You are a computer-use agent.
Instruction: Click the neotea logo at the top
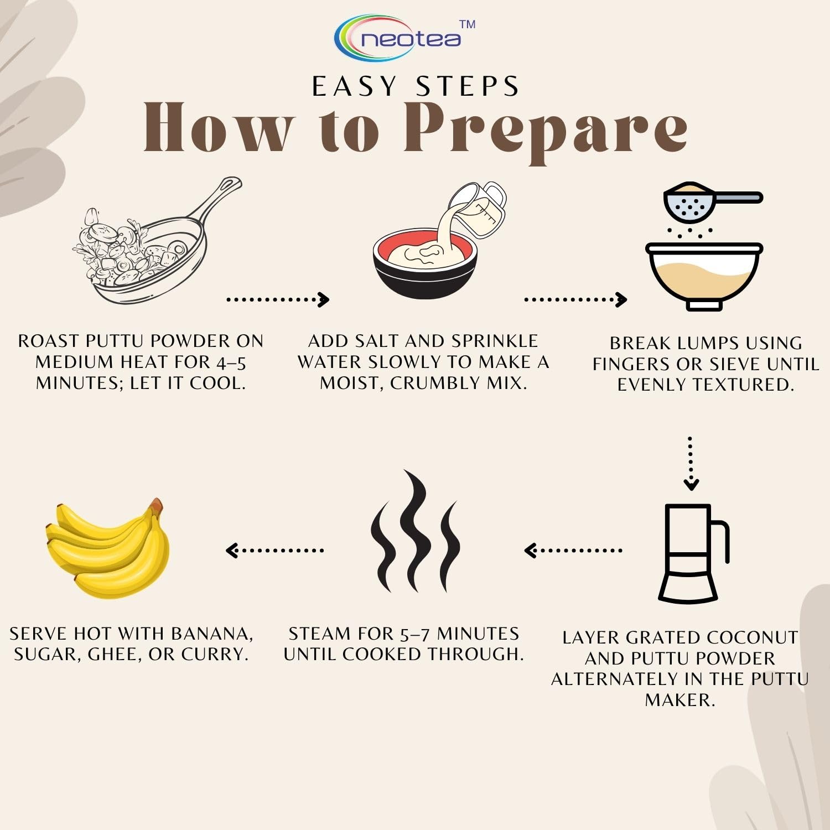pos(404,38)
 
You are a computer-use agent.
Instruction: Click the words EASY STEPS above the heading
pos(415,86)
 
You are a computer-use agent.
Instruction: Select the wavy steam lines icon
pos(416,531)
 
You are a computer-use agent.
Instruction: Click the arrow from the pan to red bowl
pos(278,299)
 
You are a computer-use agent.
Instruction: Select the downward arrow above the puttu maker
pos(691,464)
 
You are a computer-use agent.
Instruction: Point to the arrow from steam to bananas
pos(275,550)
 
